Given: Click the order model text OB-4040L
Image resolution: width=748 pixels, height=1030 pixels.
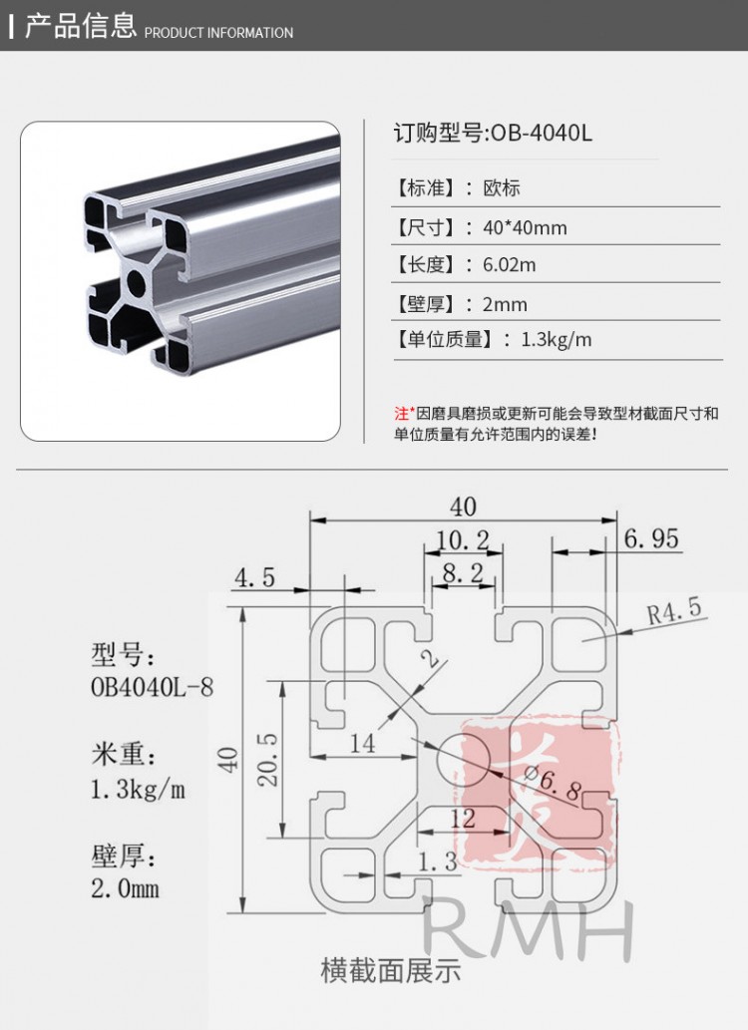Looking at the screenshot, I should pyautogui.click(x=541, y=133).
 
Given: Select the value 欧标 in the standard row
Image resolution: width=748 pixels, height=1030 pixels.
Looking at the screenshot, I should pyautogui.click(x=502, y=188).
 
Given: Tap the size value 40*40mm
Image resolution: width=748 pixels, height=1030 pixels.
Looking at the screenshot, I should pyautogui.click(x=525, y=227).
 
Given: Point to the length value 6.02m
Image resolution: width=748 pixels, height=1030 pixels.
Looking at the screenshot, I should pyautogui.click(x=510, y=264).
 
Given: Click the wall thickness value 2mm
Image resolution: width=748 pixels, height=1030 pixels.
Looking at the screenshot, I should pyautogui.click(x=505, y=304).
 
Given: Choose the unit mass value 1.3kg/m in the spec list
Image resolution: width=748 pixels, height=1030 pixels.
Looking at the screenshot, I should pyautogui.click(x=557, y=340).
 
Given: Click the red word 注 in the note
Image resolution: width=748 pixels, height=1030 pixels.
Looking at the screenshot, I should pyautogui.click(x=401, y=413).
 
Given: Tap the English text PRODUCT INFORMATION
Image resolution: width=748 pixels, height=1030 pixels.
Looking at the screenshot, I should pyautogui.click(x=219, y=33).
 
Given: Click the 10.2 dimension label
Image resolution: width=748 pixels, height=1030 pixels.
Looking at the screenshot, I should pyautogui.click(x=463, y=540).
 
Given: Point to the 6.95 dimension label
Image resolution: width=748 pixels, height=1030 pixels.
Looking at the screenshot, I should pyautogui.click(x=652, y=539).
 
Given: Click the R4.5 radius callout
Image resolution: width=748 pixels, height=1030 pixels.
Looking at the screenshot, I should pyautogui.click(x=675, y=609).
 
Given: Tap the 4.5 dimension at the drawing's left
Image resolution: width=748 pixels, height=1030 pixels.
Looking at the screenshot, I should pyautogui.click(x=255, y=576).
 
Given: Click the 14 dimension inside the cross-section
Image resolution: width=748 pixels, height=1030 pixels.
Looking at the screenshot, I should pyautogui.click(x=362, y=742).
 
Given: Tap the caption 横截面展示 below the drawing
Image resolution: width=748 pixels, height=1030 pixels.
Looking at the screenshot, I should pyautogui.click(x=391, y=969).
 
